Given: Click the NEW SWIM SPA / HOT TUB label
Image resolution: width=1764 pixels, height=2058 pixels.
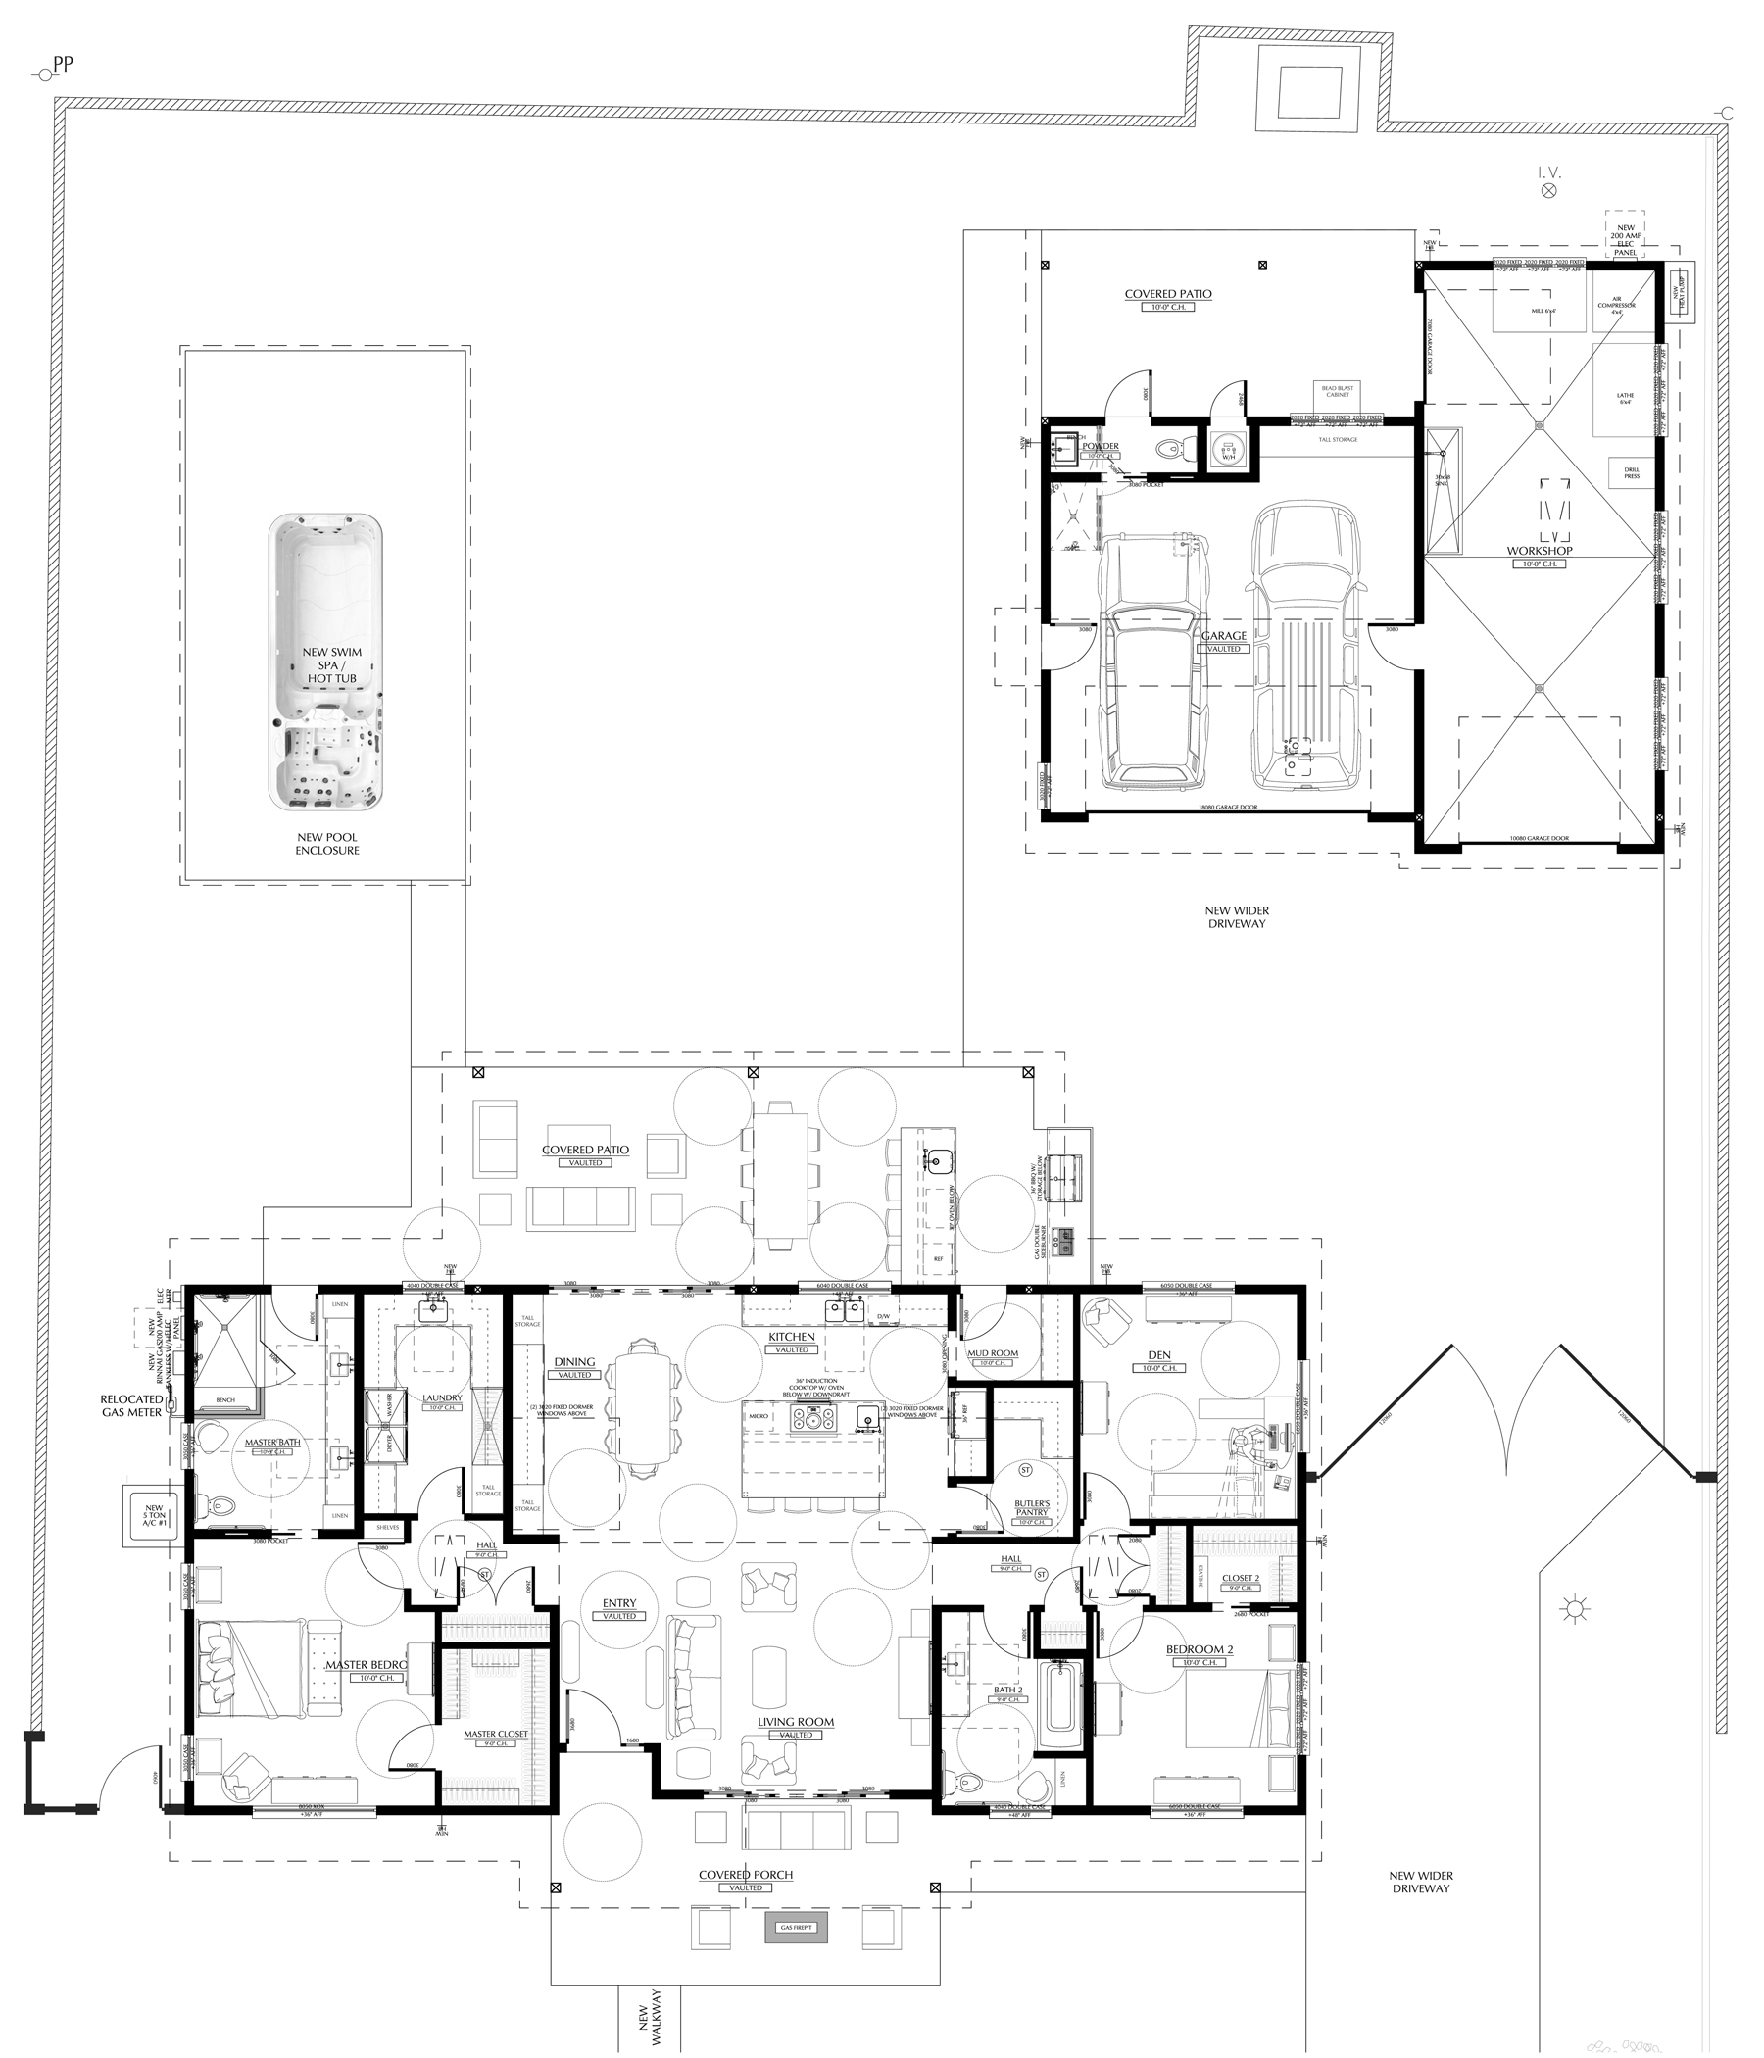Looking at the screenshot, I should (x=332, y=665).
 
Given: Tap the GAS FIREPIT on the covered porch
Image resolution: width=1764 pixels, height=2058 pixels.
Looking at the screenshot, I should (x=796, y=1928).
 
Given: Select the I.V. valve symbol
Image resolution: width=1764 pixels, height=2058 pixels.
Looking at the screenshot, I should (x=1548, y=191).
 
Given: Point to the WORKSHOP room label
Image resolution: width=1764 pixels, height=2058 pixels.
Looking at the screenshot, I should (x=1540, y=550).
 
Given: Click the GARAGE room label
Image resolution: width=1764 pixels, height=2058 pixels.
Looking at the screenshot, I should (x=1224, y=636).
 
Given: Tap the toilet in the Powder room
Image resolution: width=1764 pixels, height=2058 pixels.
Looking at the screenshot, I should (x=1170, y=449).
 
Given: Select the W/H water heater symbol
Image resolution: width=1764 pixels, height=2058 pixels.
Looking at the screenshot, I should (x=1228, y=450).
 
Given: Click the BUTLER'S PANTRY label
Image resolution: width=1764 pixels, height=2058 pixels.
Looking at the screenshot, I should (x=1032, y=1508).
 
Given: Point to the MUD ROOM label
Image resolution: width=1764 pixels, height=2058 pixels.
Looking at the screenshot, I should (x=994, y=1353).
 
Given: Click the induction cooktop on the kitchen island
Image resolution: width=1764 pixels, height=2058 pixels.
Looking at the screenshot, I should (x=813, y=1419).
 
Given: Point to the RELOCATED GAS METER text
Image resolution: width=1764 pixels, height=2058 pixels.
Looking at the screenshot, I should (x=131, y=1404).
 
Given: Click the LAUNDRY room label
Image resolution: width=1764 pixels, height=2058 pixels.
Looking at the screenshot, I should (x=443, y=1398).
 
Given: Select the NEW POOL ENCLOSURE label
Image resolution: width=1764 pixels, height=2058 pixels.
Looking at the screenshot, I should (x=327, y=843).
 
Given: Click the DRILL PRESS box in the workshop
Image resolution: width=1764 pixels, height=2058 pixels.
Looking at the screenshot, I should (x=1632, y=472).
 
